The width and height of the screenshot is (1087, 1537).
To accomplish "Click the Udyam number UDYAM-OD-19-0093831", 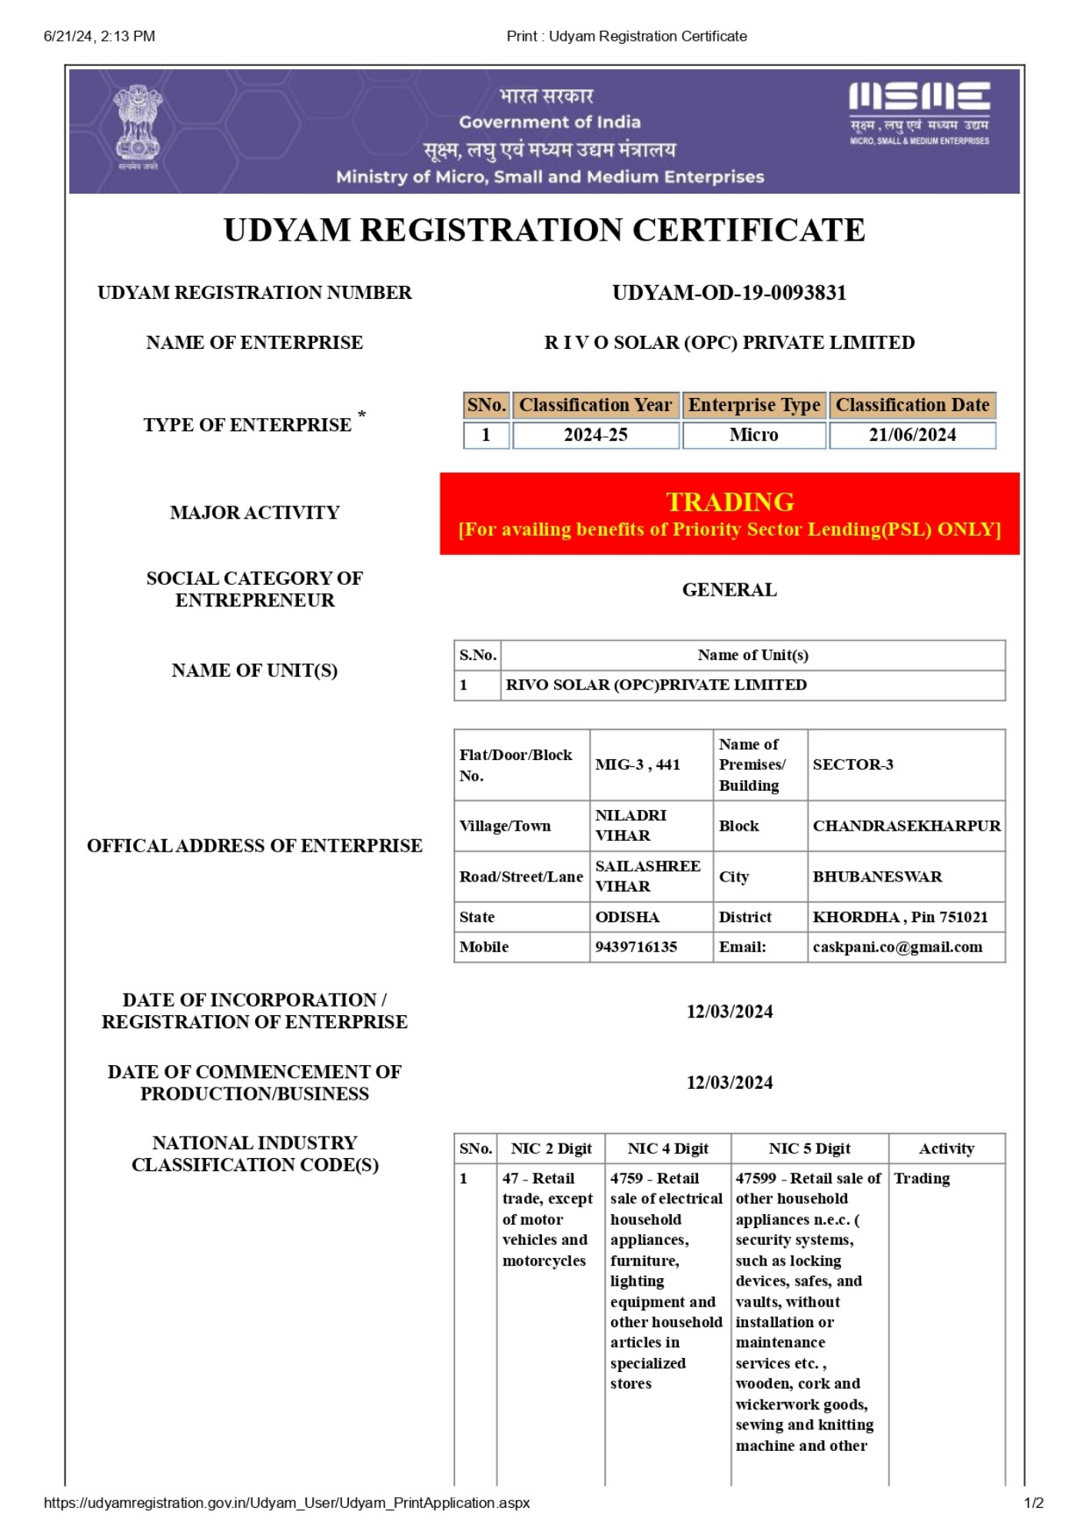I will (x=729, y=293).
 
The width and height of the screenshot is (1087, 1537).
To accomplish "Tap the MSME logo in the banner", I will (x=919, y=112).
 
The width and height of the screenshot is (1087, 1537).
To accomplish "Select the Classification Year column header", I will (x=595, y=405).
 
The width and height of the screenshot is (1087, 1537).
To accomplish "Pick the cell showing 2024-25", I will (x=595, y=435).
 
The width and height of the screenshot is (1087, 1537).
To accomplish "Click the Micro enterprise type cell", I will (x=753, y=435).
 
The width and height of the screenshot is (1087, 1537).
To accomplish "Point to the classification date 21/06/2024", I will (x=912, y=435).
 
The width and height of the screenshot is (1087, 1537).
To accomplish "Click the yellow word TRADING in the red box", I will (x=730, y=502).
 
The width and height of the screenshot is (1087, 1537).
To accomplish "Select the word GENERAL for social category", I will (x=730, y=589).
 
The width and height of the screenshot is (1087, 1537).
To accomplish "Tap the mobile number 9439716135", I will (x=636, y=947).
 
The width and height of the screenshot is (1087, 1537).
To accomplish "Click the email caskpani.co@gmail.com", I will (x=897, y=947).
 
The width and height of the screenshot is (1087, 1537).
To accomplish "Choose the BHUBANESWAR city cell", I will (x=877, y=876).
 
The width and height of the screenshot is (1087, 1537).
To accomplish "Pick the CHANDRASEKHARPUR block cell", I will (x=906, y=825).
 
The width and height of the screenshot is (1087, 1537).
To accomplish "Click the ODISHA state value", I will (x=627, y=917).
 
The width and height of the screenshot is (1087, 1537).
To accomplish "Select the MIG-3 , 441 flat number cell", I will (x=637, y=765).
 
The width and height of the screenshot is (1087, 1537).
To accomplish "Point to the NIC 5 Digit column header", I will (x=809, y=1148).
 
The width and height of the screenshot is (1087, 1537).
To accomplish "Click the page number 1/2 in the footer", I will (x=1033, y=1502).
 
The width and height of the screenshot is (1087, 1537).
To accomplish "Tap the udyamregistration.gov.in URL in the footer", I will (x=287, y=1502).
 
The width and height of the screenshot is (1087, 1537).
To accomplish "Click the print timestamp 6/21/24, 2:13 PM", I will (x=99, y=36).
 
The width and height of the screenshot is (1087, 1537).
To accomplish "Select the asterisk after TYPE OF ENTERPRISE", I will (x=361, y=416).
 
